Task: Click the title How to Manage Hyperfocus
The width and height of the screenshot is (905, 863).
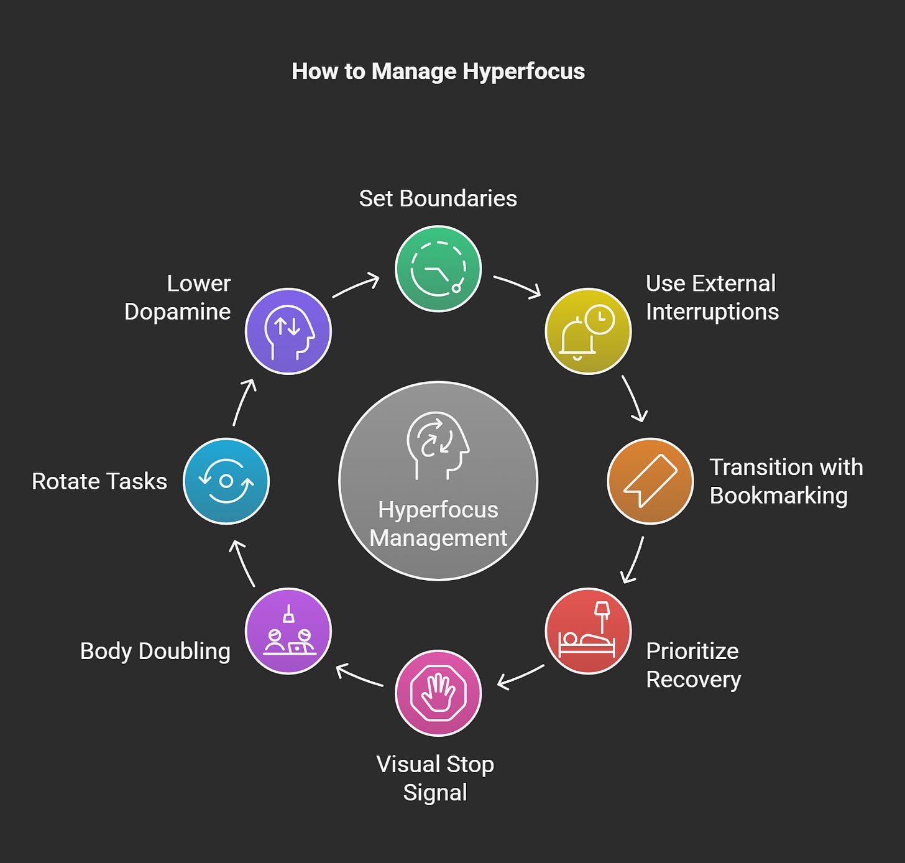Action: point(438,72)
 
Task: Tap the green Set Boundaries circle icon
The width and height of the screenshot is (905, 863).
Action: point(438,269)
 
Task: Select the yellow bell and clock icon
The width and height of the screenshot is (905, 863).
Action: point(588,331)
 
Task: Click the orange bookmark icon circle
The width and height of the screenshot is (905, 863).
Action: point(650,481)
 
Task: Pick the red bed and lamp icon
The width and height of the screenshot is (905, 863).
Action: point(588,630)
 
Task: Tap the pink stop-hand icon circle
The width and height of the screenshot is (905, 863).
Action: point(438,693)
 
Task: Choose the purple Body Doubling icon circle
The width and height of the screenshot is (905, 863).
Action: point(288,630)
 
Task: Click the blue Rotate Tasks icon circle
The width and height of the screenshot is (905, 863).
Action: point(226,481)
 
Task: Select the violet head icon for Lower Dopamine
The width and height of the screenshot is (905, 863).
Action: point(288,331)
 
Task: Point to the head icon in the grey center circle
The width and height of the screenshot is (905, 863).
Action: point(438,445)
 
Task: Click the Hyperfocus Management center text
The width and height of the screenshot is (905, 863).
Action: point(438,524)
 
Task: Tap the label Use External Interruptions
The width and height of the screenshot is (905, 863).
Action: point(712,297)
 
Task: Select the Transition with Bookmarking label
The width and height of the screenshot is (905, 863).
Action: point(786,481)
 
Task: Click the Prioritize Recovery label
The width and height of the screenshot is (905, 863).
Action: point(693,665)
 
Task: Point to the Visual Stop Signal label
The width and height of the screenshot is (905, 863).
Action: point(435,778)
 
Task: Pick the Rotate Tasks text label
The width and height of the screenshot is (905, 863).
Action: point(99,481)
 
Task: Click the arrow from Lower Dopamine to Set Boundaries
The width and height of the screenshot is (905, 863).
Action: point(356,285)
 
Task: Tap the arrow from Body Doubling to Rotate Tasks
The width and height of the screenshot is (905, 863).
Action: point(242,563)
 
